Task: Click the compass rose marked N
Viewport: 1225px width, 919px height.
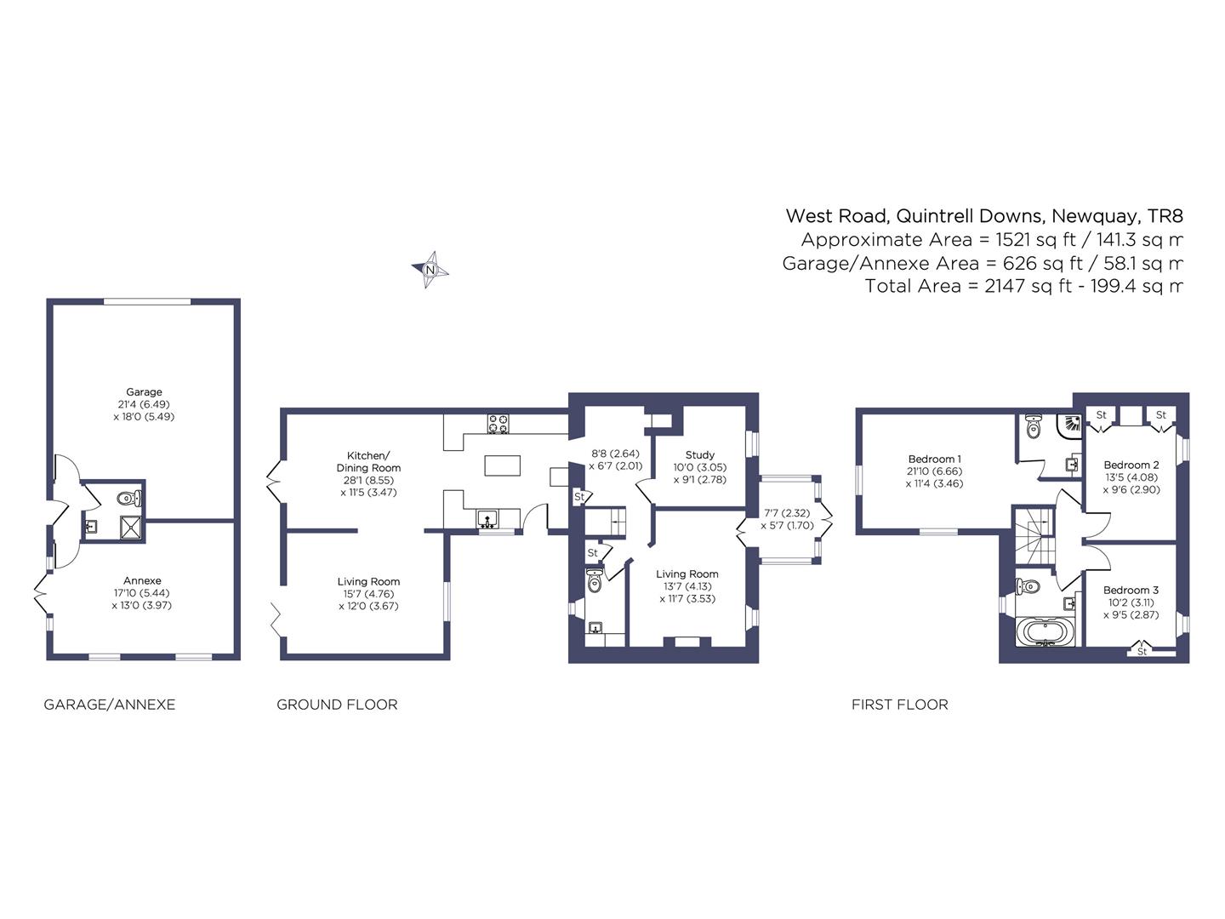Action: (430, 270)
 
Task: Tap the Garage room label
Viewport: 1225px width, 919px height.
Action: (144, 391)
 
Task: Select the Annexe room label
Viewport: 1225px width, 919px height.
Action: (142, 580)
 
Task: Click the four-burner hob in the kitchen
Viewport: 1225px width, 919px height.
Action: (499, 424)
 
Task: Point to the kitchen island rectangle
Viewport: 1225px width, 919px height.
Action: (502, 465)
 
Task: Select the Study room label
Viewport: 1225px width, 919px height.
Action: (700, 454)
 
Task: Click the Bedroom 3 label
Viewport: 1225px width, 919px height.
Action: (1131, 590)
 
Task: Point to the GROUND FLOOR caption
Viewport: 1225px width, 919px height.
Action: (337, 705)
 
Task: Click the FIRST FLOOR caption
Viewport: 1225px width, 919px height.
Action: (900, 705)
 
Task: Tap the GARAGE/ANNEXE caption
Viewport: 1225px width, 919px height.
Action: (110, 705)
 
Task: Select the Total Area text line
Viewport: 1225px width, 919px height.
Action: (1023, 286)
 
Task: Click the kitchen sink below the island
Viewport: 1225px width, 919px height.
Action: (487, 518)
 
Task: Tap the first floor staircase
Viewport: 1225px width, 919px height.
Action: (1033, 536)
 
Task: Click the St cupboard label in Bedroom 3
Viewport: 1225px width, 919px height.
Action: (1142, 651)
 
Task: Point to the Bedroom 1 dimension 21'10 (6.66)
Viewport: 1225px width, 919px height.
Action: (934, 471)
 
